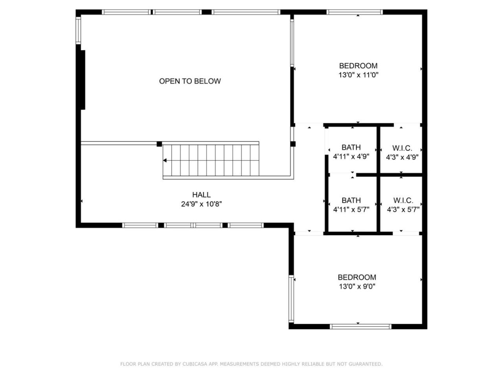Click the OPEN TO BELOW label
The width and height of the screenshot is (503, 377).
(190, 81)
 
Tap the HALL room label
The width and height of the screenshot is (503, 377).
(201, 194)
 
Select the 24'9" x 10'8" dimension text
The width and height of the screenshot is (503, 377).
(201, 204)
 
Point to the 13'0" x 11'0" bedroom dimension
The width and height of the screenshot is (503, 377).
(358, 75)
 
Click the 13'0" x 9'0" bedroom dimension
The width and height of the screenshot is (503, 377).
(357, 286)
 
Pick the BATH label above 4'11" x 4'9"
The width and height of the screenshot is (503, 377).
(351, 147)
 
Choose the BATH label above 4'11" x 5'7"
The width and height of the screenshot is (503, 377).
(351, 200)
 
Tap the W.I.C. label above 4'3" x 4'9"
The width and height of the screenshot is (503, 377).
(402, 148)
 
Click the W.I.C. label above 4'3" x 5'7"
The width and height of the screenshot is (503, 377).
(403, 201)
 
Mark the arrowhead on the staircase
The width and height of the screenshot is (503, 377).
(165, 161)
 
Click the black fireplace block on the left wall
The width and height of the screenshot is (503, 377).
(83, 80)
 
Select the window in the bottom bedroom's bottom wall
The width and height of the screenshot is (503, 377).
(360, 327)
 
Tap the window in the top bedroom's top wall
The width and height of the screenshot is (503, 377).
(354, 12)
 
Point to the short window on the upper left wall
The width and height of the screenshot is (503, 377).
(78, 30)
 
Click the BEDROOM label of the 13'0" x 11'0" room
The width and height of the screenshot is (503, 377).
(358, 66)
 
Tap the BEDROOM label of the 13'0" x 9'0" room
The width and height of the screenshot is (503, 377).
(357, 277)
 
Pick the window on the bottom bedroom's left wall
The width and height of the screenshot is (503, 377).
(291, 299)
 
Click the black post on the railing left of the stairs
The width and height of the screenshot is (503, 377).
(159, 144)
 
